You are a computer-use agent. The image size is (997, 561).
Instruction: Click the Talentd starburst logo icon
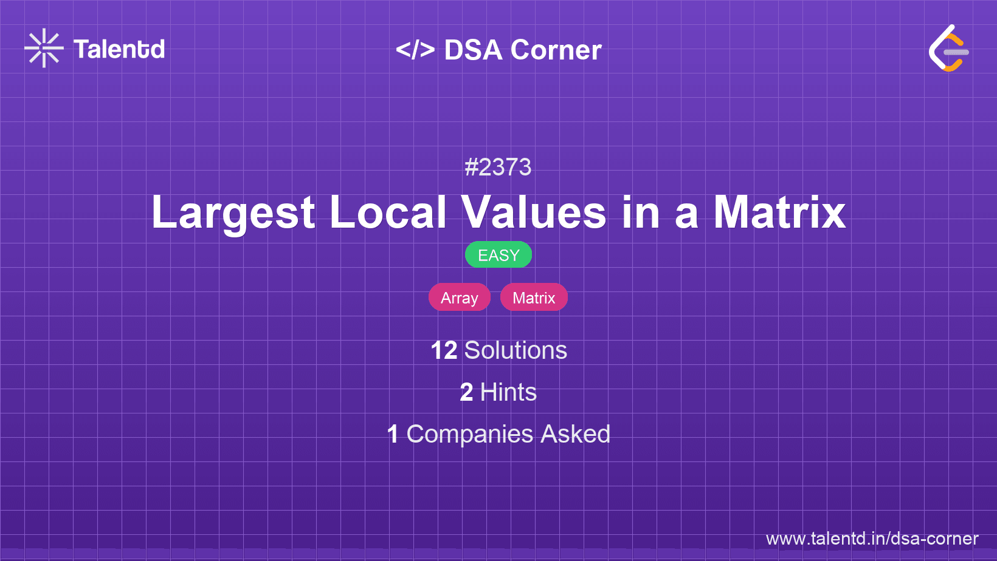coord(44,48)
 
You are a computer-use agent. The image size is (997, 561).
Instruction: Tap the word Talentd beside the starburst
coord(119,49)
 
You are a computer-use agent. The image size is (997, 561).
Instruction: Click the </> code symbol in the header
coord(415,50)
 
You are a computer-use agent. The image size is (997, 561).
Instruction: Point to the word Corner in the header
coord(556,50)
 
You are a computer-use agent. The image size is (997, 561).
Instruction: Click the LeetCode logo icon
coord(948,48)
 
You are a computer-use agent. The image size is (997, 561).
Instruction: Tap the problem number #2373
coord(498,167)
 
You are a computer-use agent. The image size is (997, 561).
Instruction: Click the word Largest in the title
coord(233,212)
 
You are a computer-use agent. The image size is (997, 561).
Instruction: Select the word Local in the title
coord(388,212)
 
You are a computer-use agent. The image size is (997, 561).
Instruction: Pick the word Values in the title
coord(533,212)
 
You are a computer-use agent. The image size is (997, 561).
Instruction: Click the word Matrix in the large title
coord(779,212)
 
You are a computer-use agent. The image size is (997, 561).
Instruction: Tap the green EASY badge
coord(498,255)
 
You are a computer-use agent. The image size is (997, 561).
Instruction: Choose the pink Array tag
coord(460,297)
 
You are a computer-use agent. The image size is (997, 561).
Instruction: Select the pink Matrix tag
coord(534,297)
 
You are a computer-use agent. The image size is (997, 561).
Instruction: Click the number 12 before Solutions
coord(444,350)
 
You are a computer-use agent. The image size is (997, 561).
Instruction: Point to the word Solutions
coord(516,350)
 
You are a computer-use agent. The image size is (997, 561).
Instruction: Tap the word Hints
coord(508,392)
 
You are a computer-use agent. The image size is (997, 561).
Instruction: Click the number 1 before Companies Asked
coord(393,434)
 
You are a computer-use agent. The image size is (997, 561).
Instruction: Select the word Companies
coord(469,434)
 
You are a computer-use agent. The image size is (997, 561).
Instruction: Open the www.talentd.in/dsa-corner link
coord(872,539)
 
